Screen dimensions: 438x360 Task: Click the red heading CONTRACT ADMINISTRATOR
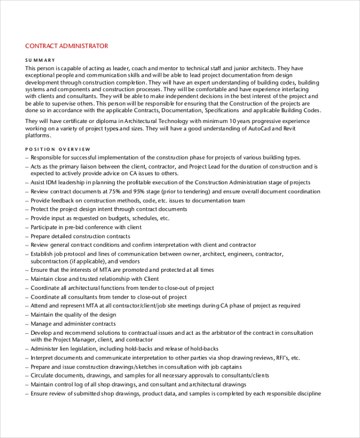coord(67,46)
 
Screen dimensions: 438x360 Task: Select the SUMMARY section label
coord(40,60)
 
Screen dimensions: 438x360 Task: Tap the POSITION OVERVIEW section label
coord(58,149)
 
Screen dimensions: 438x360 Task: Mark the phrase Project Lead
coord(208,166)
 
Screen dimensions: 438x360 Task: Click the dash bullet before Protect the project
coord(27,209)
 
